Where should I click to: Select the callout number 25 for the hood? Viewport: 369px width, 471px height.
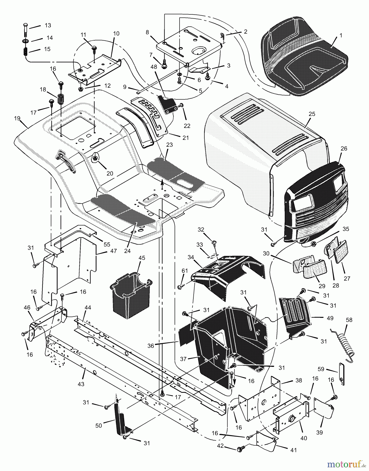312,114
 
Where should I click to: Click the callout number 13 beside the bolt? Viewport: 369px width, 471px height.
48,25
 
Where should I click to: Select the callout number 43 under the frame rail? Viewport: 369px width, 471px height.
81,384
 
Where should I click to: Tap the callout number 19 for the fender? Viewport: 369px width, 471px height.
17,119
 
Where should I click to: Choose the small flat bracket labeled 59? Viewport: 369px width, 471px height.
342,374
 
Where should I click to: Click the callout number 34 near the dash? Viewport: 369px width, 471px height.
191,257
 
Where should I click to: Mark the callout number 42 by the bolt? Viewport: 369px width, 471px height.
221,446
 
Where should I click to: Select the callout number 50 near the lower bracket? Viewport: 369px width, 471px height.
99,426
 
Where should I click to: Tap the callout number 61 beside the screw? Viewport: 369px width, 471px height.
185,271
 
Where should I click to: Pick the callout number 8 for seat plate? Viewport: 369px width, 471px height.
147,32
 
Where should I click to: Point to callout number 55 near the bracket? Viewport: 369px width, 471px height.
107,244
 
